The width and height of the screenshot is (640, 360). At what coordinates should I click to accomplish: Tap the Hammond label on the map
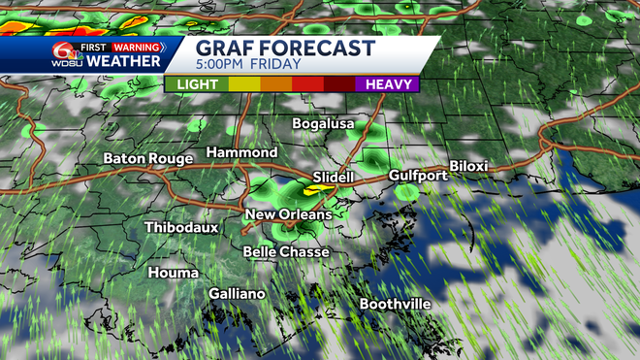tap(242, 153)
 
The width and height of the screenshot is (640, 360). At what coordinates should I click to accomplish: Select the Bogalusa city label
tap(325, 124)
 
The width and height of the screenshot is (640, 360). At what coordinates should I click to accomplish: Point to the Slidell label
tap(334, 178)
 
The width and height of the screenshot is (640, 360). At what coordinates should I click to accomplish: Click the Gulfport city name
tap(418, 176)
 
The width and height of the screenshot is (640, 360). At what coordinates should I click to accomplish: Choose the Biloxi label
tap(468, 166)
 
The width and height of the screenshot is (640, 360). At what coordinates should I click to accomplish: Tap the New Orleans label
tap(288, 214)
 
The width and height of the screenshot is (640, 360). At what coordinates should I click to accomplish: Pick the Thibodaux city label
tap(181, 227)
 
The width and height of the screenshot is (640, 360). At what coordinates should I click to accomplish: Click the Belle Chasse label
tap(286, 251)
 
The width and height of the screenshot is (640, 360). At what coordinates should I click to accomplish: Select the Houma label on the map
tap(173, 273)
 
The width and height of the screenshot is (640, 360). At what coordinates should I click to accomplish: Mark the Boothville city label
tap(395, 304)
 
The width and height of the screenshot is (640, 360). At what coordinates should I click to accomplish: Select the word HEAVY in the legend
tap(387, 84)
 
